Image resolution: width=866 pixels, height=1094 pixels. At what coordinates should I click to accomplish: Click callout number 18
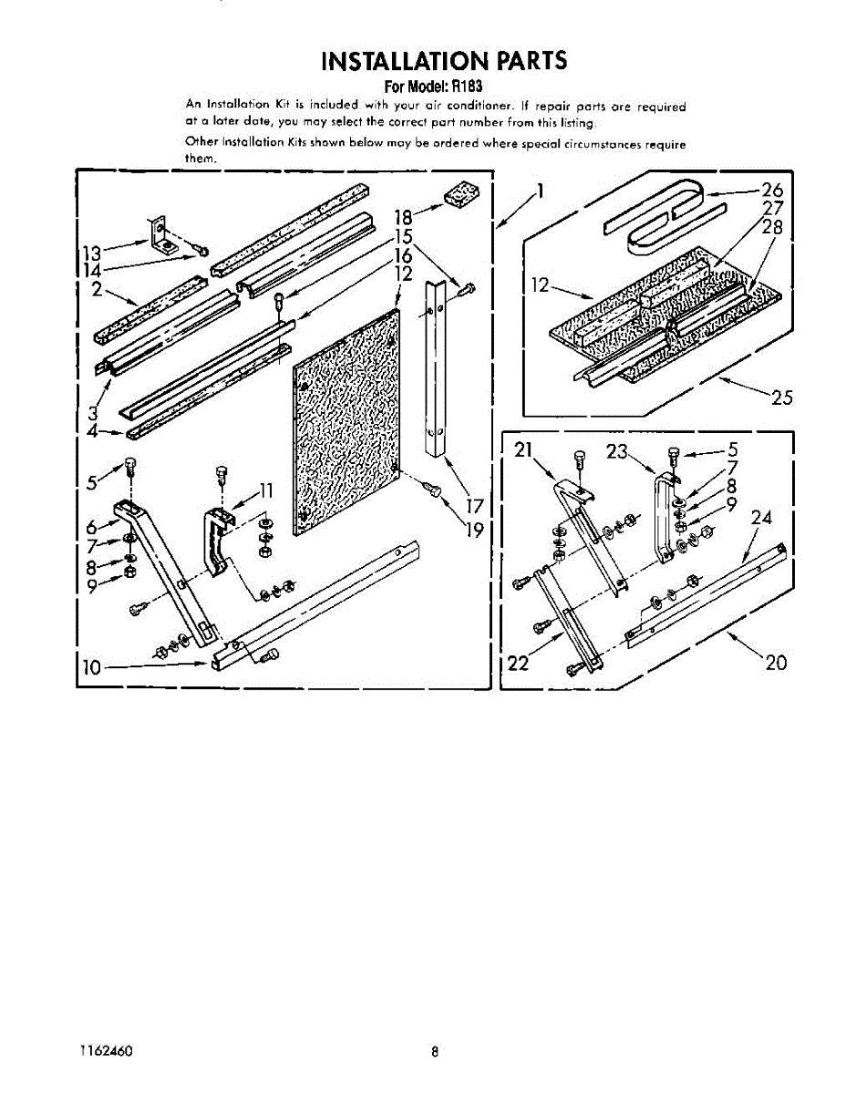(x=404, y=218)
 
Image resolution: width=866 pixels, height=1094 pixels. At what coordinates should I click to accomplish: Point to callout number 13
(x=90, y=251)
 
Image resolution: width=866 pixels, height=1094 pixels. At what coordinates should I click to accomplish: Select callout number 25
(x=781, y=397)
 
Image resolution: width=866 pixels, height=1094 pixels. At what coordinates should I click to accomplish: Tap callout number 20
(x=775, y=663)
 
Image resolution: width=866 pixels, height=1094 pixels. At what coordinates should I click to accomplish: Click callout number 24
(x=761, y=518)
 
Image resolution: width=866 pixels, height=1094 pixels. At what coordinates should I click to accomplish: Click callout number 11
(x=265, y=491)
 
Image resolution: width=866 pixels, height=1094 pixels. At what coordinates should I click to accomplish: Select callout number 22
(x=518, y=663)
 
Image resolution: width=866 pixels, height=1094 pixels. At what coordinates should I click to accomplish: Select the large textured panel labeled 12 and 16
(x=346, y=419)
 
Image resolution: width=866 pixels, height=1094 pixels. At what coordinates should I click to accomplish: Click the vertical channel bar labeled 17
(x=437, y=374)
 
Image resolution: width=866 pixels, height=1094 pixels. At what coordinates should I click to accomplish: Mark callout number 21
(x=521, y=449)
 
